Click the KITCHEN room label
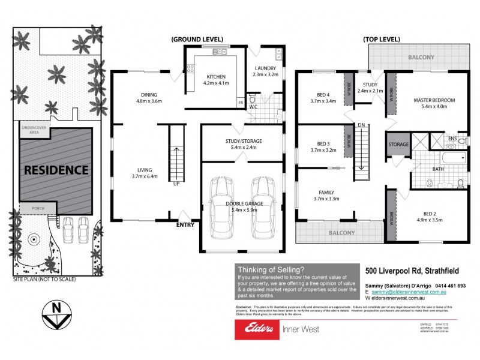point(215,77)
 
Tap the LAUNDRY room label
point(265,68)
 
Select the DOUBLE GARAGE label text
point(242,204)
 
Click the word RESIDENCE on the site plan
point(56,170)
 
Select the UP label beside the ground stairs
point(176,184)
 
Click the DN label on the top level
point(361,125)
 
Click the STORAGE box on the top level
point(398,145)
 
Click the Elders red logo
point(257,328)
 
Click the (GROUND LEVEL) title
point(197,39)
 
